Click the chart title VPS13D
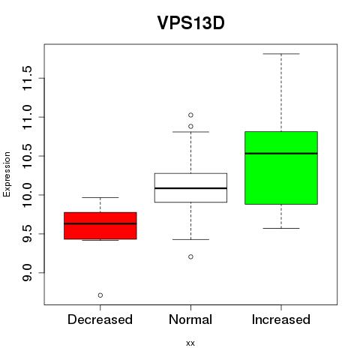coord(190,22)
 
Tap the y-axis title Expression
coord(7,174)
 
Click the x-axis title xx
coord(190,343)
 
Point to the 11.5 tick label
coord(27,78)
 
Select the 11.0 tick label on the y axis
coord(27,117)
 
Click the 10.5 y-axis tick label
coord(27,156)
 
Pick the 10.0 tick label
coord(27,195)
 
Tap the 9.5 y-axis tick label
coord(27,234)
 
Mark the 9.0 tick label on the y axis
coord(27,272)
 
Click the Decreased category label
coord(100,319)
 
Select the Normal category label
coord(190,319)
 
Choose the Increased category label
coord(281,319)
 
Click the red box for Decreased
coord(100,226)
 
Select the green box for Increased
coord(281,168)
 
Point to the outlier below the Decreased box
coord(100,295)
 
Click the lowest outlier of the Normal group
coord(190,256)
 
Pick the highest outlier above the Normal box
coord(190,115)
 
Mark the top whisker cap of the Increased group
coord(281,54)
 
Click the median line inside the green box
coord(281,154)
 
